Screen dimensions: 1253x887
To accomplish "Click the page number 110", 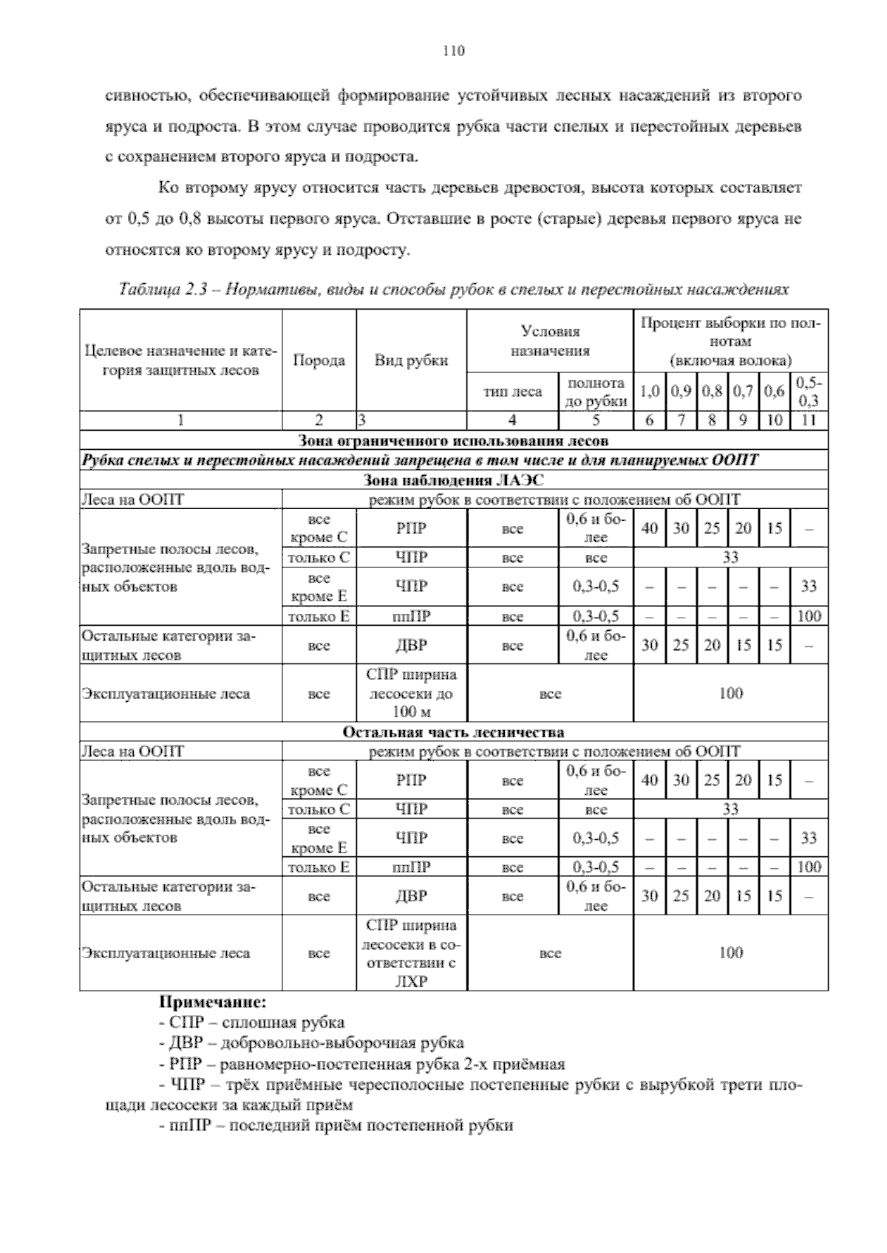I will click(x=453, y=51).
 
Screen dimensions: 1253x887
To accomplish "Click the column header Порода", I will click(x=319, y=361).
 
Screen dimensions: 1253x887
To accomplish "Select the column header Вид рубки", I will click(x=411, y=361).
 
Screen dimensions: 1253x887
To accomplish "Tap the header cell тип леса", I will click(x=512, y=392).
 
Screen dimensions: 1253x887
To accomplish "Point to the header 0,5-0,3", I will click(x=809, y=392).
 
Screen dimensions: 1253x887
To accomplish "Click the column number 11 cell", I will click(x=809, y=421).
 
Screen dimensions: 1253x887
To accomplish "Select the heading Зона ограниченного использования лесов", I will click(x=453, y=441).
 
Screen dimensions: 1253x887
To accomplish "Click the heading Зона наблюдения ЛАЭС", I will click(x=453, y=480).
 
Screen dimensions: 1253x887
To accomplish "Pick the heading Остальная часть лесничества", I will click(x=453, y=732).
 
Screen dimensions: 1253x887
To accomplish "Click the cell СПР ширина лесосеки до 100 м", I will click(x=411, y=693).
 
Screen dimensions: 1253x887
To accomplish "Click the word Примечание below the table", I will click(x=212, y=1003).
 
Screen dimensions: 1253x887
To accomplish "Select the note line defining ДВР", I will click(x=312, y=1043).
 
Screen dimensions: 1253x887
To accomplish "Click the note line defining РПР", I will click(x=362, y=1064).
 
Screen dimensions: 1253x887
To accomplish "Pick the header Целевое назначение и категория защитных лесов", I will click(x=180, y=361).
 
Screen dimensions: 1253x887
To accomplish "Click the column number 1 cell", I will click(x=180, y=421).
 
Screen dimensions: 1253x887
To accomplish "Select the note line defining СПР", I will click(x=252, y=1022).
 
